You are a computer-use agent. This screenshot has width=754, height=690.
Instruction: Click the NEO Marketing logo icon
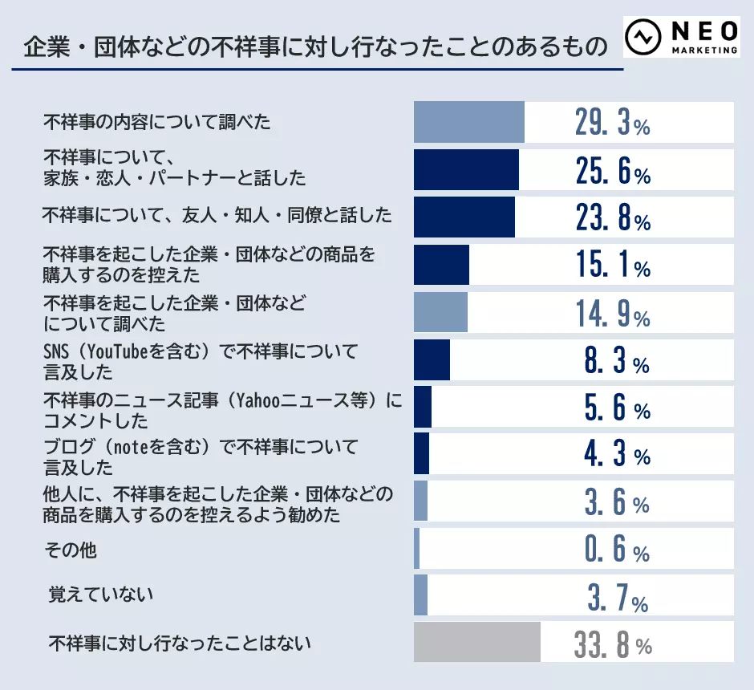[x=644, y=38]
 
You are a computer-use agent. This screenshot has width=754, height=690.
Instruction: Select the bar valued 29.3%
[x=468, y=122]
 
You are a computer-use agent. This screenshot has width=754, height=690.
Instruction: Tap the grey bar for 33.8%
[x=476, y=642]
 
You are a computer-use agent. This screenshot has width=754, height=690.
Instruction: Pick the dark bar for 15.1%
[x=441, y=265]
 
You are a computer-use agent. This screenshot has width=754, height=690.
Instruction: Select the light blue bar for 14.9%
[x=440, y=312]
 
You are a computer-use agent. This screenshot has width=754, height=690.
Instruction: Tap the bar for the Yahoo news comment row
[x=423, y=407]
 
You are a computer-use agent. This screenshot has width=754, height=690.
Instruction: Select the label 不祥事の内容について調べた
[x=156, y=123]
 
